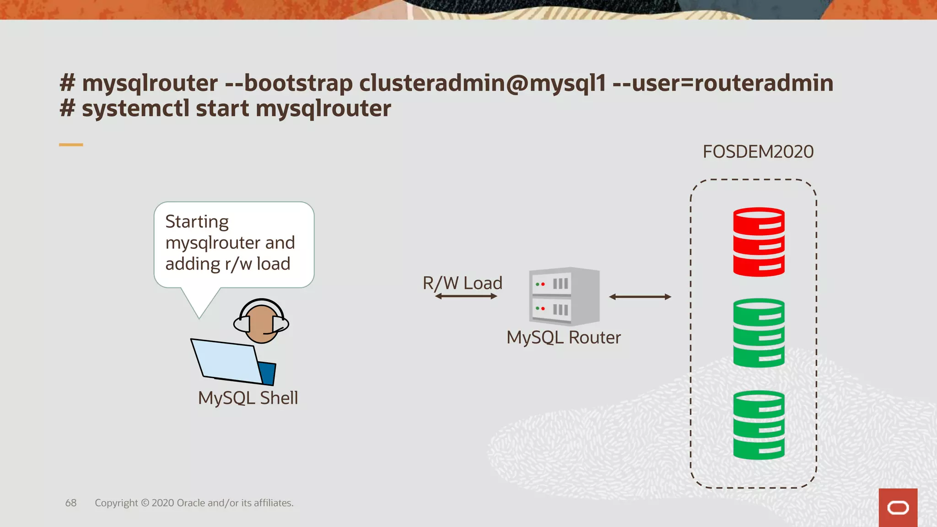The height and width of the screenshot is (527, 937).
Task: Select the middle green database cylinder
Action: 759,333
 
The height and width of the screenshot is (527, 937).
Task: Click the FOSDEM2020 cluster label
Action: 758,152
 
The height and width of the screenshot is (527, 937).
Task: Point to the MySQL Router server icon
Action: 564,296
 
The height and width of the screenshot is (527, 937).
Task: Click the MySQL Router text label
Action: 563,338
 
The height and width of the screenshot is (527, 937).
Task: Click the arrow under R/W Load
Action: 466,296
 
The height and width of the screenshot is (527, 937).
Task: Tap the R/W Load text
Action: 462,283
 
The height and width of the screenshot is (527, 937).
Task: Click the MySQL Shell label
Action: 248,398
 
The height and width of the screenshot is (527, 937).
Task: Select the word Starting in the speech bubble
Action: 197,221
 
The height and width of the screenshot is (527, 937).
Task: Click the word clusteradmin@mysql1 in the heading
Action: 482,83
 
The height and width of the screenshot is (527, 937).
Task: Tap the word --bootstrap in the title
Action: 289,83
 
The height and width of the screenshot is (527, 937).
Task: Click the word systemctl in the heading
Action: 135,109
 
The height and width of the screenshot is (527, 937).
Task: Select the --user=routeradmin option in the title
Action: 722,83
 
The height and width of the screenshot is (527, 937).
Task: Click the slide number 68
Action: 71,503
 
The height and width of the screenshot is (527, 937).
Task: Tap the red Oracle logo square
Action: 898,507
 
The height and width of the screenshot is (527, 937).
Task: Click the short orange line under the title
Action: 71,145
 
